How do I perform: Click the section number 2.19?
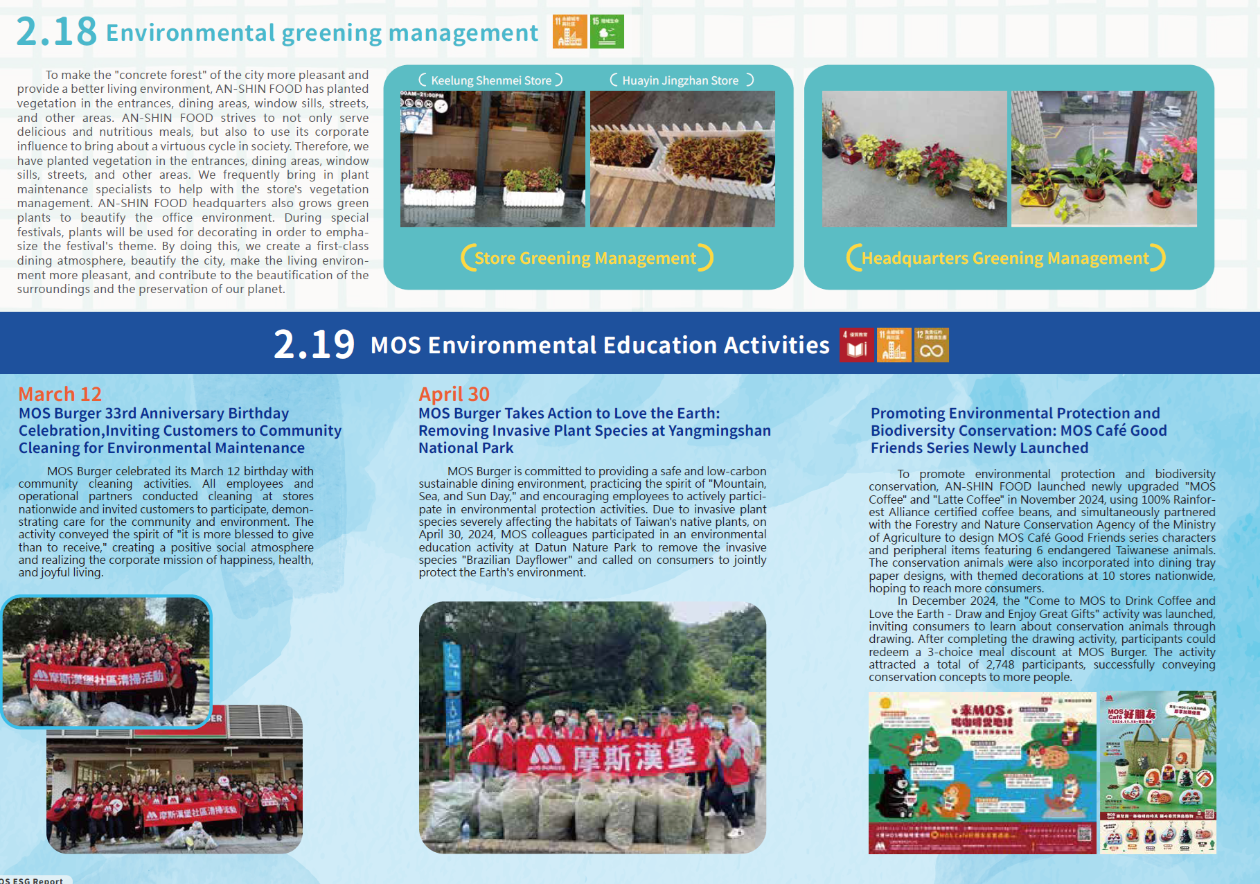click(314, 344)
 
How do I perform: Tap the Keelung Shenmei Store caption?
click(491, 80)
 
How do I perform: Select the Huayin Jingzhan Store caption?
click(680, 80)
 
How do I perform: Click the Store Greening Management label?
click(586, 258)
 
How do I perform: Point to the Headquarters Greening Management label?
click(1005, 258)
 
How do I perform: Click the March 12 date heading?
click(60, 394)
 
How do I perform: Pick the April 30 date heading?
click(454, 394)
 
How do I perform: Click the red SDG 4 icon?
click(856, 345)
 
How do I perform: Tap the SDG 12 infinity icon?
click(931, 345)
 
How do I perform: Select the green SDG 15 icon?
click(607, 32)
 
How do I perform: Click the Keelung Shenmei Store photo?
click(493, 159)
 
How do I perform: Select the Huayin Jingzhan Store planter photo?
click(682, 159)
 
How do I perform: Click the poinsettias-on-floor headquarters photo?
click(914, 159)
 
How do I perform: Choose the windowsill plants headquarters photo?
click(1103, 159)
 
